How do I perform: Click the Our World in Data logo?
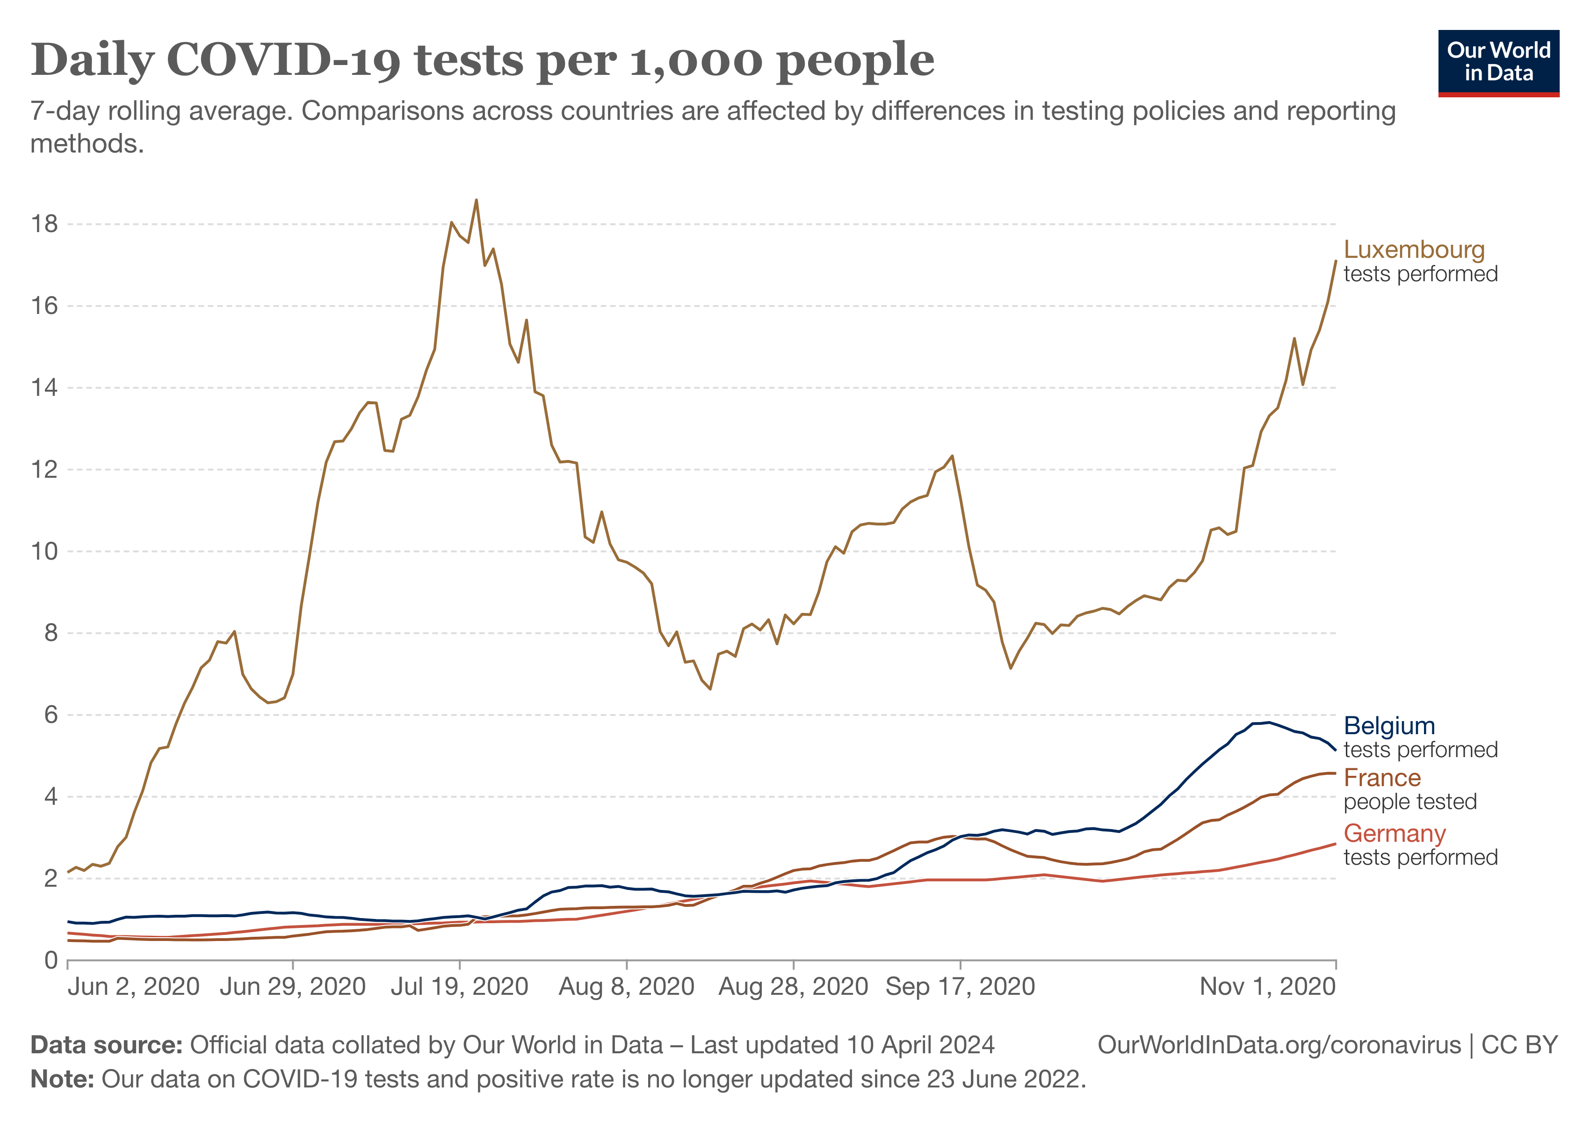pyautogui.click(x=1499, y=63)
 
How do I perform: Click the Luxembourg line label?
pyautogui.click(x=1414, y=249)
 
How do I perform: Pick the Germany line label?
pyautogui.click(x=1395, y=833)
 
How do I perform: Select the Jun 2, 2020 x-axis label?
pyautogui.click(x=134, y=986)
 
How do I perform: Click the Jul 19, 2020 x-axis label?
pyautogui.click(x=460, y=986)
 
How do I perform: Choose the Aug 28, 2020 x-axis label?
pyautogui.click(x=794, y=986)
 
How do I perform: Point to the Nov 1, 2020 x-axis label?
pyautogui.click(x=1267, y=986)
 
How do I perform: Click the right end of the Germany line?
pyautogui.click(x=1335, y=844)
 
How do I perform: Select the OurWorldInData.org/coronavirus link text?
pyautogui.click(x=1279, y=1045)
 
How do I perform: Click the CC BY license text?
pyautogui.click(x=1519, y=1045)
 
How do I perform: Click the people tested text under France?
pyautogui.click(x=1410, y=802)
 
